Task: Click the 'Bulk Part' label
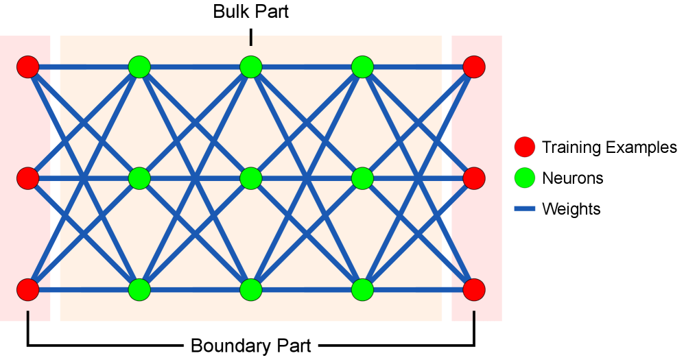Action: point(250,12)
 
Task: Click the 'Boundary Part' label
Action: point(250,346)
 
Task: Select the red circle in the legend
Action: point(525,147)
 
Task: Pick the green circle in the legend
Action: point(525,178)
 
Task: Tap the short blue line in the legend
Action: point(525,208)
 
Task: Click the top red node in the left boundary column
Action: point(28,67)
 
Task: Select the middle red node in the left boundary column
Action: point(28,178)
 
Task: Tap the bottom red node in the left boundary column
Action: point(28,289)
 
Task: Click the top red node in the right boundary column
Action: point(474,67)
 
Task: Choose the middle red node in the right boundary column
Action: point(474,178)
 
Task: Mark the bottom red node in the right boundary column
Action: point(474,289)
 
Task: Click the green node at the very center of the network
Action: point(251,178)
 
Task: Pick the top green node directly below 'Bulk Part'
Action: point(251,67)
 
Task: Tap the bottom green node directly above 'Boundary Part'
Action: point(251,289)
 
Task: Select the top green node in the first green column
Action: point(139,67)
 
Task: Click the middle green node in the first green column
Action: point(139,178)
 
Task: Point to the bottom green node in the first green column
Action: point(139,289)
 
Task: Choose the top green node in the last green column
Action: point(362,67)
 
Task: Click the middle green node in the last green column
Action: point(362,178)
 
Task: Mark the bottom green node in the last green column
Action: point(362,289)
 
